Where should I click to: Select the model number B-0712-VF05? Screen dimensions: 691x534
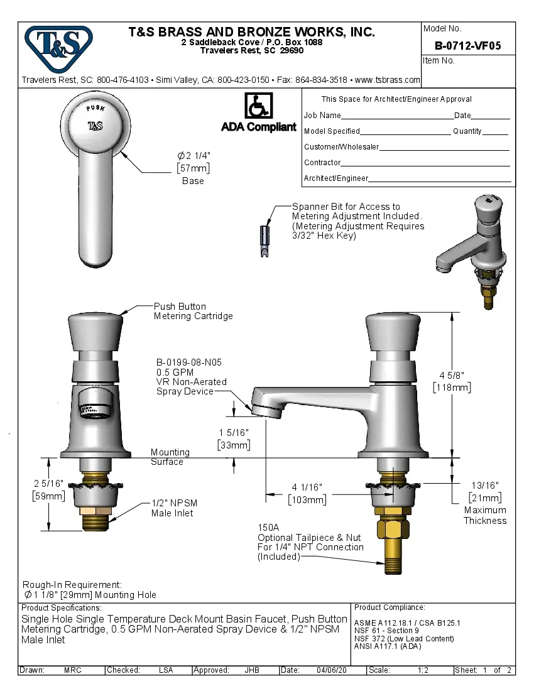click(x=467, y=45)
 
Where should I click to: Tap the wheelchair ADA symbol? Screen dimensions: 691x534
click(x=258, y=106)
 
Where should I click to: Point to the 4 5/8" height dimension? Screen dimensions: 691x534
click(x=452, y=381)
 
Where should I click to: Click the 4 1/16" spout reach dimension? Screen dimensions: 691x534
click(x=307, y=493)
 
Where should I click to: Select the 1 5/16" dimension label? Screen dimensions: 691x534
click(x=234, y=438)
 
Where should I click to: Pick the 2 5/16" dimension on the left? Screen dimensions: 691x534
click(x=48, y=489)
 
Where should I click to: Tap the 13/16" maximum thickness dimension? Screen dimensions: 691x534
click(x=484, y=491)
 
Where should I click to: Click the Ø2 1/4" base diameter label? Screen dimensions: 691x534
click(x=193, y=161)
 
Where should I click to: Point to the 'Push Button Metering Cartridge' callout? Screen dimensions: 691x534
click(x=193, y=311)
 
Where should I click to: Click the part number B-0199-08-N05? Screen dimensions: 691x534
click(x=188, y=362)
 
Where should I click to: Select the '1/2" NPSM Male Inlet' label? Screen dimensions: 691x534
click(x=172, y=508)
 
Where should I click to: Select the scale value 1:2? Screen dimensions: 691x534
click(x=423, y=670)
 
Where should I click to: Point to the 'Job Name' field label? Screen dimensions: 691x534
click(x=322, y=116)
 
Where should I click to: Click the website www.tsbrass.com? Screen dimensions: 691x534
click(x=387, y=80)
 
